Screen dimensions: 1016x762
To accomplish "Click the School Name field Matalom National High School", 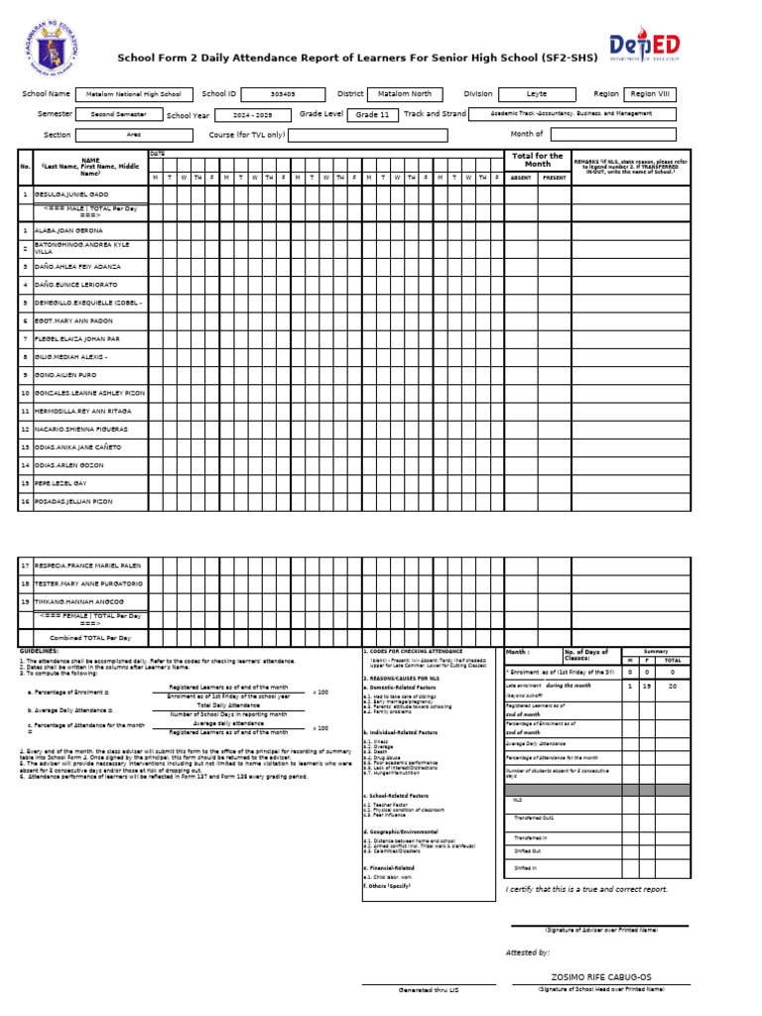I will click(x=134, y=94).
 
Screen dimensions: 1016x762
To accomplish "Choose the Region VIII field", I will click(x=651, y=94).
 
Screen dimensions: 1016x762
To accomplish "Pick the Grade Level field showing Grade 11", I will click(x=372, y=115).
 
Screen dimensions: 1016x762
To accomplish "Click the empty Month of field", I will click(x=612, y=134).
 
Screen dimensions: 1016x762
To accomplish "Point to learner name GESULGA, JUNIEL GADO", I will click(x=72, y=194).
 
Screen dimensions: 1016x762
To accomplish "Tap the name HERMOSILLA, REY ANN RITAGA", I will click(x=82, y=411).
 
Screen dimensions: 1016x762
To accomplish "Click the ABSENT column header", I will click(x=520, y=178).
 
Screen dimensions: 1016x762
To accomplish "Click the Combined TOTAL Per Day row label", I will click(x=90, y=638).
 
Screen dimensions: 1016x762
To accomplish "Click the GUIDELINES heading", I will click(x=39, y=651).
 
